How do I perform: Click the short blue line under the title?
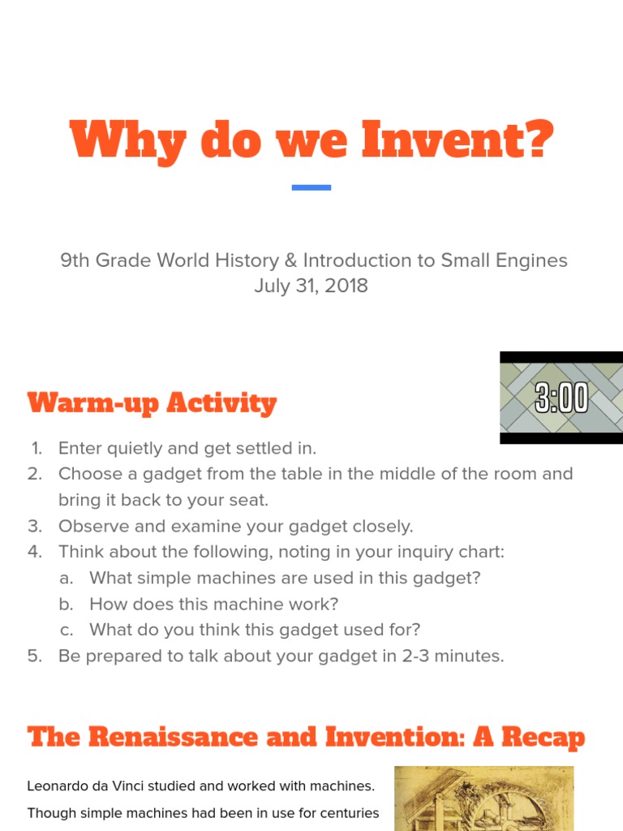pos(311,187)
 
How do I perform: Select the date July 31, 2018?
pos(311,286)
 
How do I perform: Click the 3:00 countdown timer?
pos(561,398)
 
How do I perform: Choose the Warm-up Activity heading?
pos(152,403)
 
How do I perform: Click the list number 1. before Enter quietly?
pos(37,448)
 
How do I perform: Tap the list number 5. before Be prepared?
pos(35,656)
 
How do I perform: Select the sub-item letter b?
pos(67,604)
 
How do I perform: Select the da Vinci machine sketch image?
pos(483,799)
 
